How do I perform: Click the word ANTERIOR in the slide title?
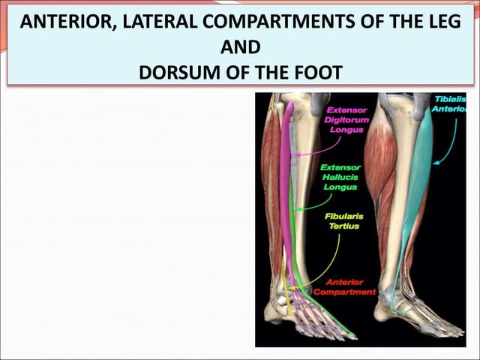tap(64, 22)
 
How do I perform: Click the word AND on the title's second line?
tap(241, 47)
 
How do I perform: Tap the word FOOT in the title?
tap(315, 73)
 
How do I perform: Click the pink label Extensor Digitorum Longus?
tap(343, 118)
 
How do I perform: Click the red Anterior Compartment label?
tap(344, 286)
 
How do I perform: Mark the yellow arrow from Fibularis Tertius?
tap(315, 270)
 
